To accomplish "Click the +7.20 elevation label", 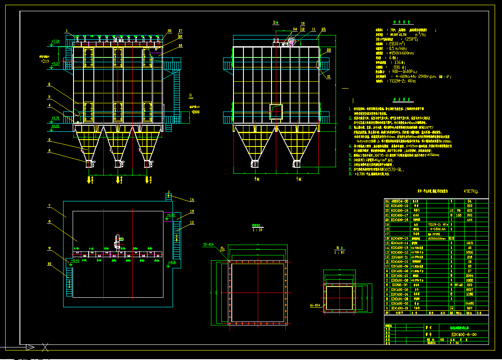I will click(55, 41).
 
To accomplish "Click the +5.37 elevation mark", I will click(55, 64).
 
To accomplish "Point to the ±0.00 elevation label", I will click(55, 126).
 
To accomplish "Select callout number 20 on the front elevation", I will click(169, 31).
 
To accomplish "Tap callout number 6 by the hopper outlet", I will click(50, 151).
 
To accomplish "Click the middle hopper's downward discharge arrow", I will click(118, 179).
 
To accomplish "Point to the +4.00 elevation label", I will click(172, 262).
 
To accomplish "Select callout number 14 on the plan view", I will click(192, 200).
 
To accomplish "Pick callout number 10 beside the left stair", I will click(50, 263).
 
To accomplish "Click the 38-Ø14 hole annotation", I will click(209, 245).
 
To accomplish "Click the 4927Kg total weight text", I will click(470, 191).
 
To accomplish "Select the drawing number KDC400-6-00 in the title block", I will click(464, 335).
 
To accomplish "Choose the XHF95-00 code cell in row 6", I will click(399, 285).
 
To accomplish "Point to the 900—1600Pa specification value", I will click(405, 72).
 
